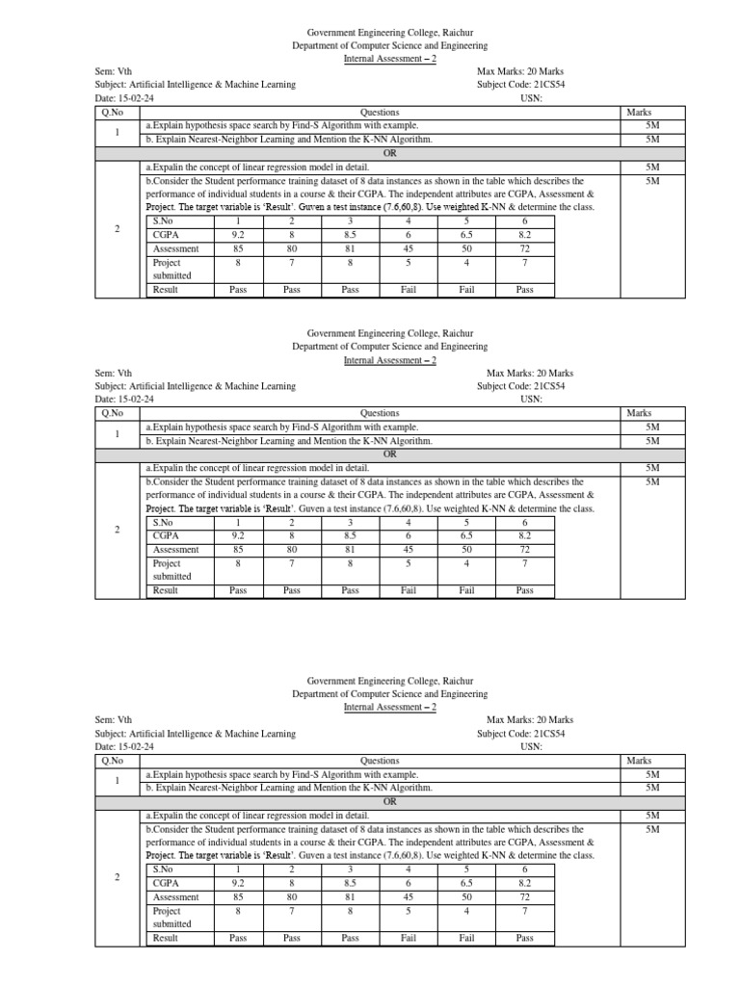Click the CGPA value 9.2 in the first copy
point(237,234)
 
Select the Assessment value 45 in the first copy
point(409,247)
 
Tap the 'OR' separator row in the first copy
point(390,152)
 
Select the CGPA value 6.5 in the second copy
point(466,535)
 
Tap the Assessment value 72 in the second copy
point(524,549)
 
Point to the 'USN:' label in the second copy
point(531,399)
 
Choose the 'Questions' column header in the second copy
point(379,413)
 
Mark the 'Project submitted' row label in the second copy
point(167,569)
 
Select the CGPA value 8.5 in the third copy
point(351,883)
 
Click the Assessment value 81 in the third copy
point(351,896)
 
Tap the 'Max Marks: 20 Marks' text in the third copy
point(530,719)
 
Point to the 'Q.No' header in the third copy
point(113,760)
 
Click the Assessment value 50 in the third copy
point(466,896)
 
